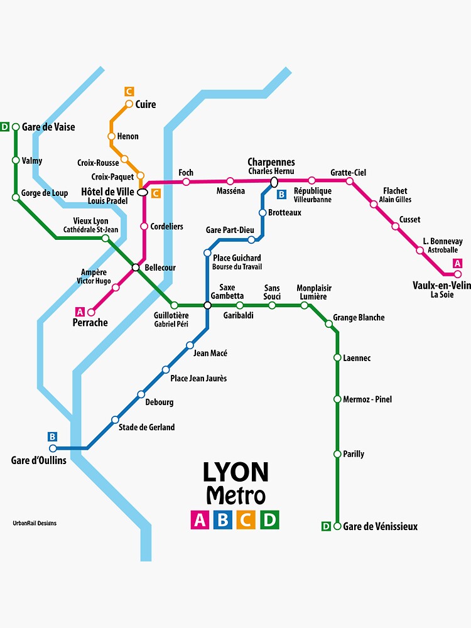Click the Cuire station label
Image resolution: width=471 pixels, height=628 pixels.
coord(146,104)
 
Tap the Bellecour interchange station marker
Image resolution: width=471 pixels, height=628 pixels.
coord(135,268)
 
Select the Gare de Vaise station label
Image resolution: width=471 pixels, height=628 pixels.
coord(48,127)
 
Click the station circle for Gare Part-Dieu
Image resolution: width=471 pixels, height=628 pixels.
coord(251,239)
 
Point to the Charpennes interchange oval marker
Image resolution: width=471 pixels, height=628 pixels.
coord(274,182)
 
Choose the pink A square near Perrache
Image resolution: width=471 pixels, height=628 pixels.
coord(80,311)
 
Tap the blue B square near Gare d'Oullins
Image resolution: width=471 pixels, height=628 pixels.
coord(52,436)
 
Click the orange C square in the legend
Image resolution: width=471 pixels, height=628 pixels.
coord(246,519)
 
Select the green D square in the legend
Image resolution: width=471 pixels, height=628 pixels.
coord(269,519)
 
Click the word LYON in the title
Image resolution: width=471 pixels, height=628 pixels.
coord(235,472)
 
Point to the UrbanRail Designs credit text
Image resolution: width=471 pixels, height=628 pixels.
coord(35,523)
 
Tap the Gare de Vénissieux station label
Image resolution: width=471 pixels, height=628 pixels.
coord(380,526)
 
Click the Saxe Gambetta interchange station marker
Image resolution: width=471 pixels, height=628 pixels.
coord(207,305)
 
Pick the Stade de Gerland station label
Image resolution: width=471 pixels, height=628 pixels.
coord(147,427)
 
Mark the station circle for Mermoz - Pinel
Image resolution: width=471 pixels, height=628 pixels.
coord(337,399)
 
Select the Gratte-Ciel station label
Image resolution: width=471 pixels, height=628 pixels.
coord(348,173)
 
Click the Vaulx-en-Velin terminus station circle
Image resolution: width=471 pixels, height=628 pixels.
coord(458,274)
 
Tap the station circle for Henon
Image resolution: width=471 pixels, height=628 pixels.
coord(111,136)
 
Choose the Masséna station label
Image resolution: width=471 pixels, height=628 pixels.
coord(230,191)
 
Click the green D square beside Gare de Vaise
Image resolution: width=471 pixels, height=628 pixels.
coord(5,127)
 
